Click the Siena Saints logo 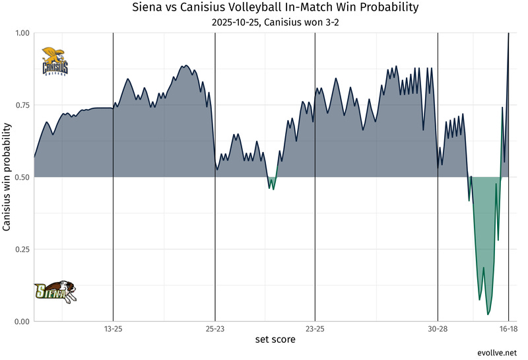coord(56,291)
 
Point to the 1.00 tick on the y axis coord(23,33)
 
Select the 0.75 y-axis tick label coord(23,105)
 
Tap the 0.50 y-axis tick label coord(23,177)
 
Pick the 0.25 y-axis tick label coord(23,249)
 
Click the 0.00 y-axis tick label coord(23,322)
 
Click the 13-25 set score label coord(113,328)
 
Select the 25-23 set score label coord(215,328)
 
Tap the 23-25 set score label coord(315,328)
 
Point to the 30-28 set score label coord(438,328)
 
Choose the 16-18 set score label coord(508,328)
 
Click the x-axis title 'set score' coord(275,340)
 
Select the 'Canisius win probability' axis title coord(7,177)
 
